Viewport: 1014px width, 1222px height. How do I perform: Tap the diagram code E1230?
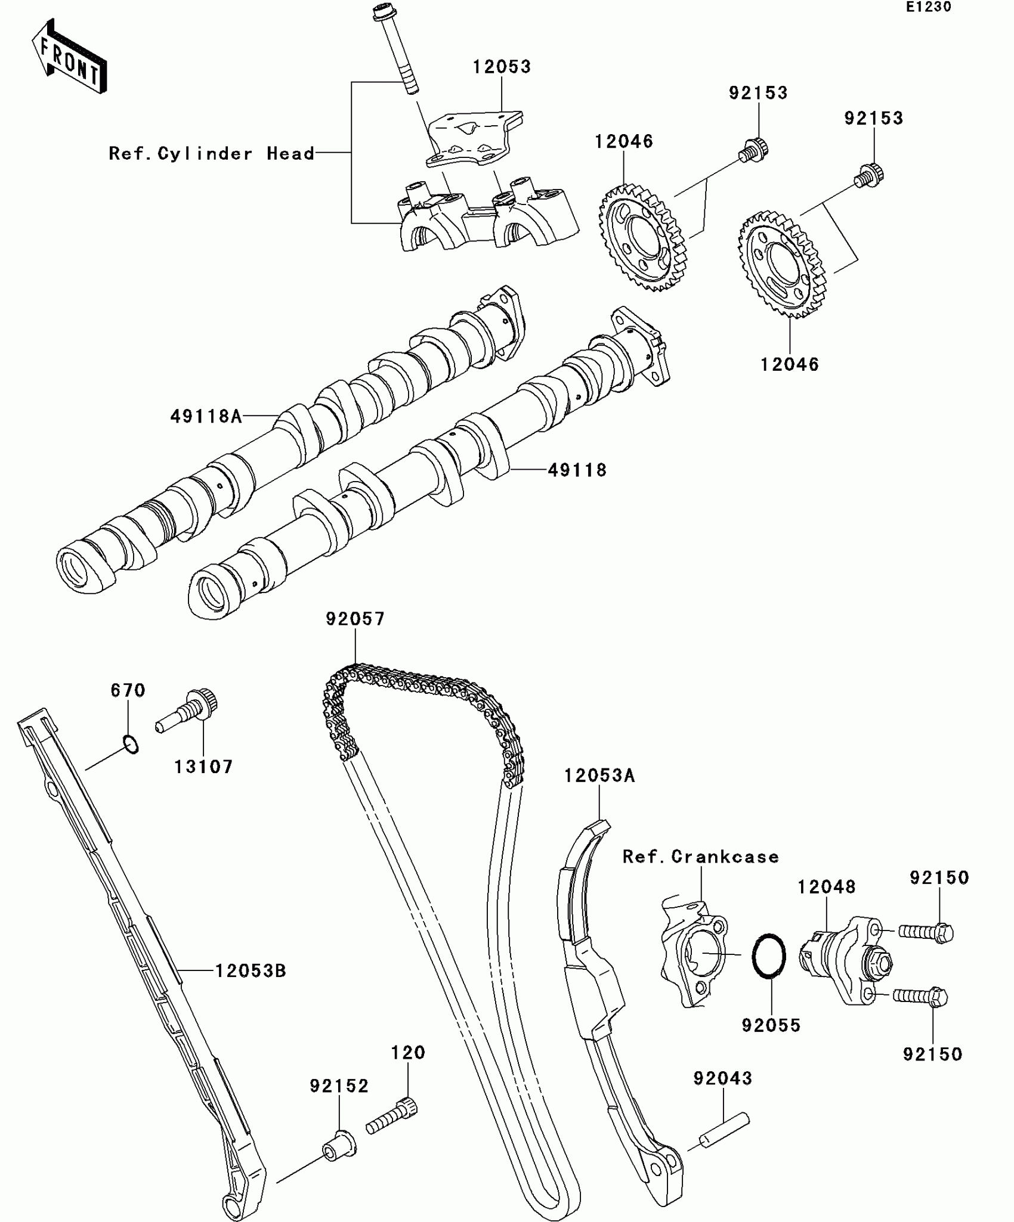929,7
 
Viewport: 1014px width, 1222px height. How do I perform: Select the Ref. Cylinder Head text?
212,154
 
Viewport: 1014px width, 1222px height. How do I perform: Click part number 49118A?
206,416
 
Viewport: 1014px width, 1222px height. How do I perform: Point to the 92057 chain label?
355,619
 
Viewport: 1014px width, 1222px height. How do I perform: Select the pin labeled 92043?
724,1130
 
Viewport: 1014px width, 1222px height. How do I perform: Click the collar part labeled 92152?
339,1145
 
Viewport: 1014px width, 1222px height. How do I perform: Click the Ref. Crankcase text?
701,857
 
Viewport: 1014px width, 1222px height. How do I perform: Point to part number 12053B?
251,971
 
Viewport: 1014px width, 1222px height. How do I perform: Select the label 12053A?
599,776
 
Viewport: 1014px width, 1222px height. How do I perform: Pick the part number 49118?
577,470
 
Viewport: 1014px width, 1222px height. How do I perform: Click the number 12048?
827,887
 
